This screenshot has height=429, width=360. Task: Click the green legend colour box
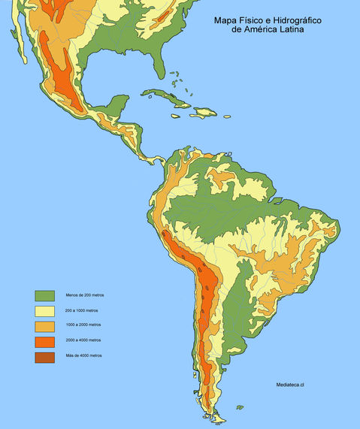click(x=45, y=295)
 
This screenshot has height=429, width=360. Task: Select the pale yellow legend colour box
click(x=45, y=310)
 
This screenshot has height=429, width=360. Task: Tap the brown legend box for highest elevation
click(x=45, y=356)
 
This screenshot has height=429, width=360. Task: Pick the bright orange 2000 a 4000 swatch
click(x=45, y=340)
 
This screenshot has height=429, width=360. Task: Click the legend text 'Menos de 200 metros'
click(x=84, y=295)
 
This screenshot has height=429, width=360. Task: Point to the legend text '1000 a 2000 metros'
click(x=83, y=325)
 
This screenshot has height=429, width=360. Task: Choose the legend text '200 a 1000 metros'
click(x=82, y=310)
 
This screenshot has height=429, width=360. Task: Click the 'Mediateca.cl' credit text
click(x=294, y=384)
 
